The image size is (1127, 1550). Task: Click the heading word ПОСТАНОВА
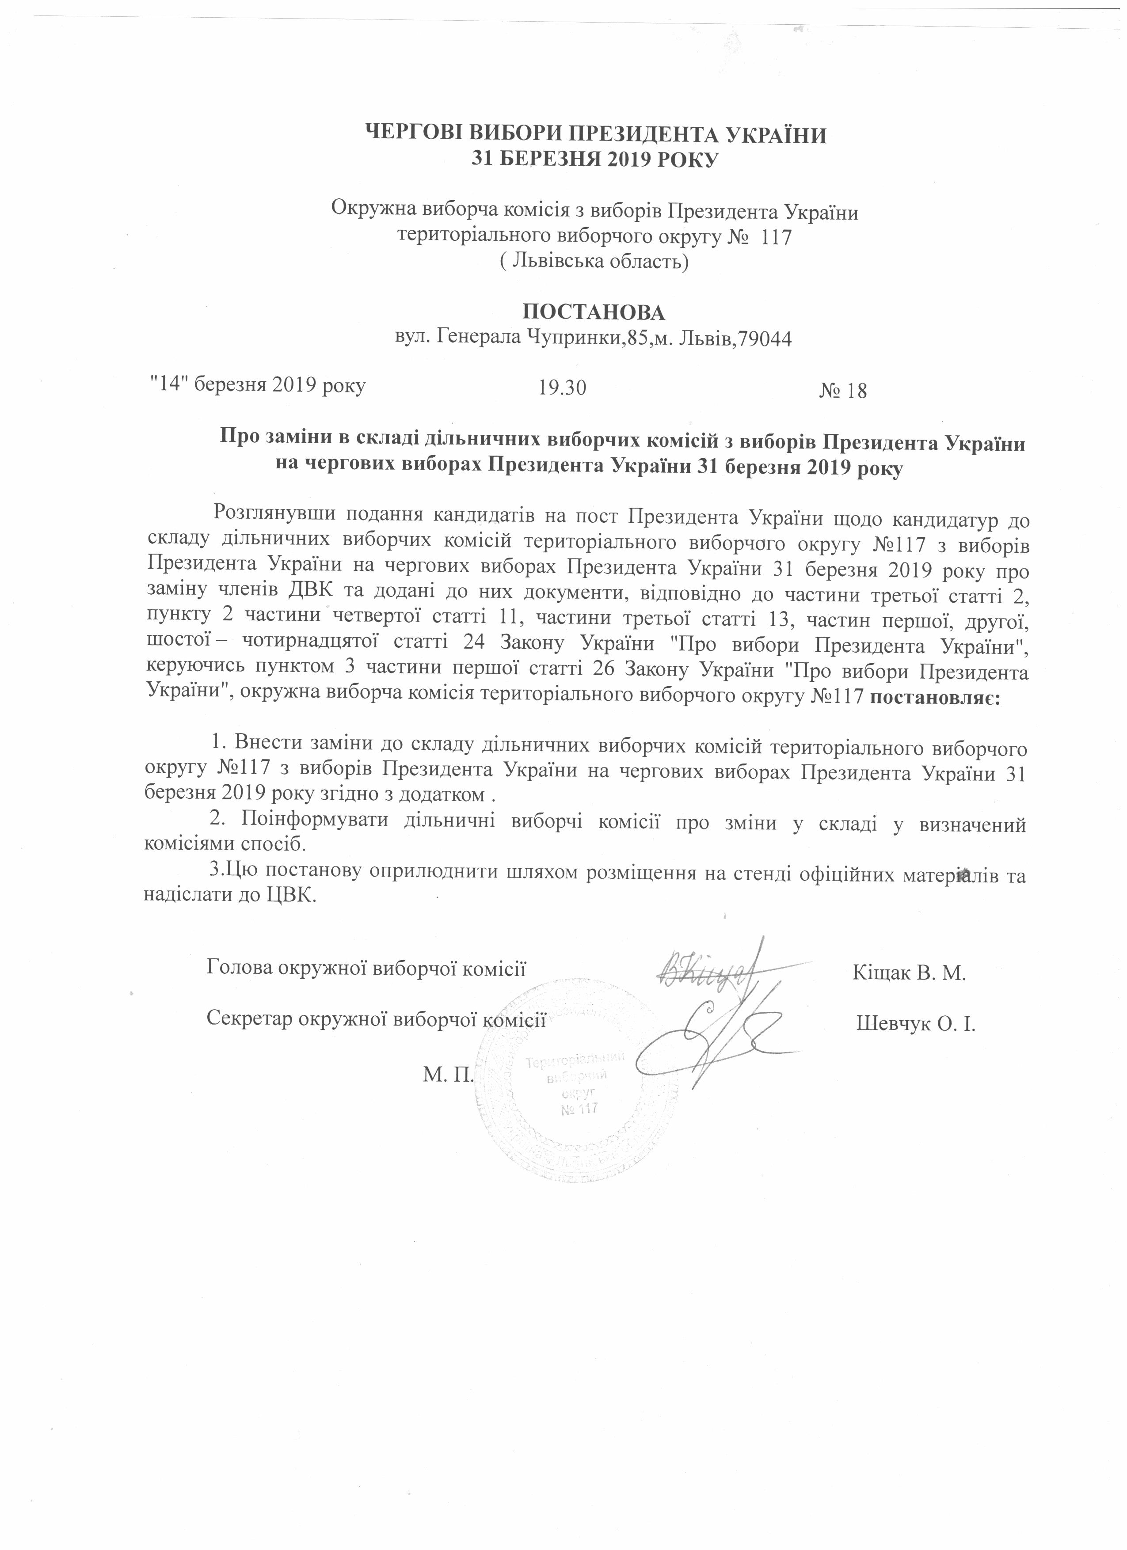[593, 312]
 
